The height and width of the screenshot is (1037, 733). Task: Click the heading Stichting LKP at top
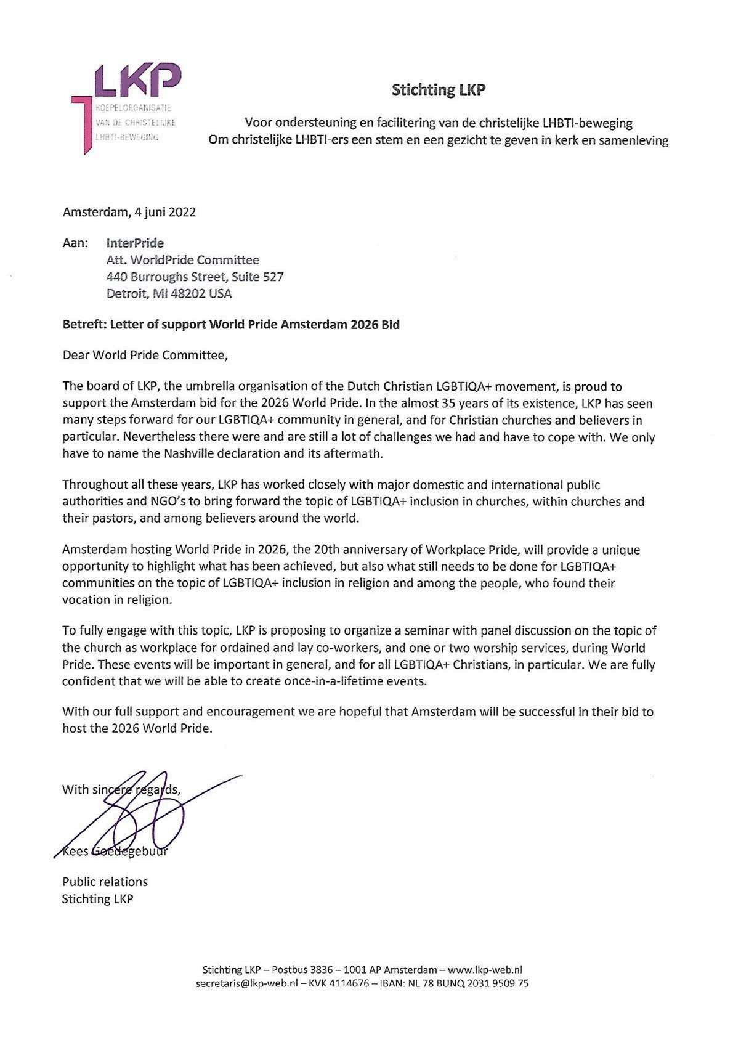439,90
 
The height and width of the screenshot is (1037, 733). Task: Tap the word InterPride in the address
136,243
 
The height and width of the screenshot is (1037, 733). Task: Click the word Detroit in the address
126,294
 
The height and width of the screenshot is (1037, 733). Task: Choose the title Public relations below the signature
105,882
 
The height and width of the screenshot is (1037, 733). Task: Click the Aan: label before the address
75,243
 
